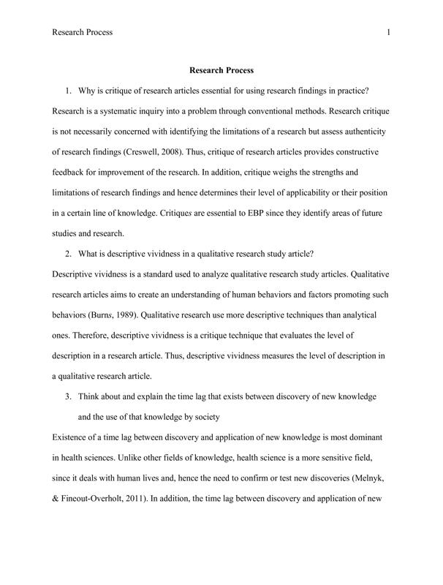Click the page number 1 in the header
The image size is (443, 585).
pyautogui.click(x=388, y=32)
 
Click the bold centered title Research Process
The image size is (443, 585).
pyautogui.click(x=221, y=71)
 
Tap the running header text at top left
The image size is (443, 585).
pyautogui.click(x=83, y=32)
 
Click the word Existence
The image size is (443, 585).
pyautogui.click(x=72, y=437)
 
